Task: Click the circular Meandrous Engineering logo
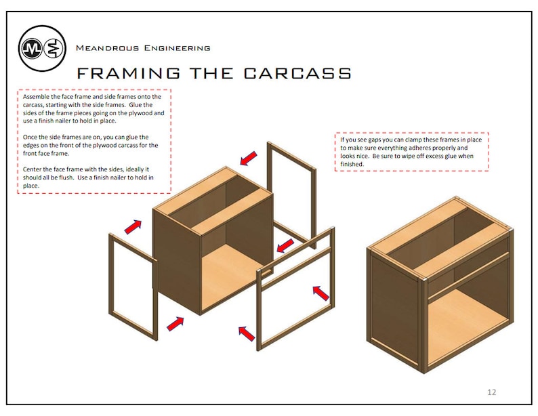click(42, 48)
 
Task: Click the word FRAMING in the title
click(128, 73)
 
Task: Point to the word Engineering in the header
click(177, 48)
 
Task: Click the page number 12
click(492, 392)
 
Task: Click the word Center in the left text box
click(34, 169)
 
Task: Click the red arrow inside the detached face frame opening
click(320, 293)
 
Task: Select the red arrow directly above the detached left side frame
click(133, 226)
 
